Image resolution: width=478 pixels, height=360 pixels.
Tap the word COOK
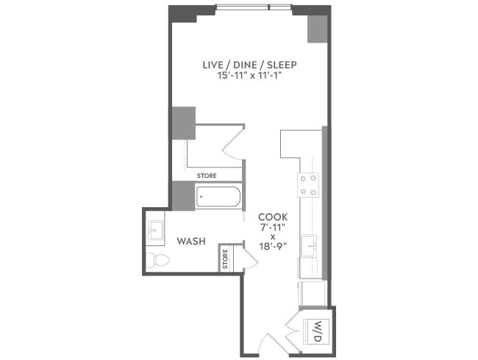point(273,217)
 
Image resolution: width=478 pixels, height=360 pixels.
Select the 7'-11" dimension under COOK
point(273,228)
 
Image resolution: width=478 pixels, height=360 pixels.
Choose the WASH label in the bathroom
point(190,242)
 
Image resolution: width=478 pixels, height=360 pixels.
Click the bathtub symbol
point(218,198)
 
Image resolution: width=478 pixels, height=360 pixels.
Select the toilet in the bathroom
point(157,259)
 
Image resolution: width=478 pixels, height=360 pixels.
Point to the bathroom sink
point(155,231)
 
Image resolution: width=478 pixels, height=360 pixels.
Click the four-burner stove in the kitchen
point(309,185)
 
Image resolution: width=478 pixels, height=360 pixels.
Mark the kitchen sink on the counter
point(310,246)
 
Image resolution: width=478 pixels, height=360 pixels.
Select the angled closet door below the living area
point(234,144)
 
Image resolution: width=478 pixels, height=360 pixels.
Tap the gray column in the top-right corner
point(317,29)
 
